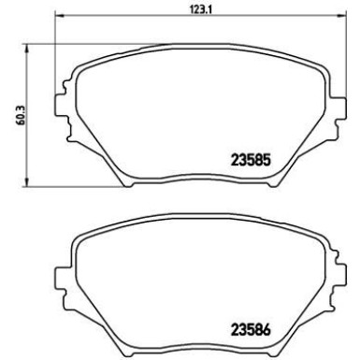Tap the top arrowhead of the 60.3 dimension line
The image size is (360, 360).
pos(28,48)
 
